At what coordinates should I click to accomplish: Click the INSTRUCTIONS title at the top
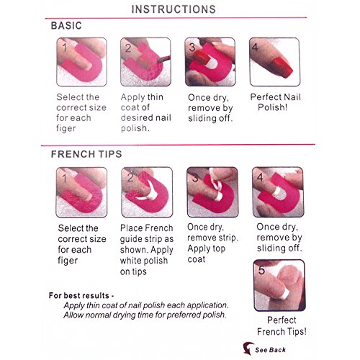174,9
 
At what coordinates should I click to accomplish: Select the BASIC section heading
66,26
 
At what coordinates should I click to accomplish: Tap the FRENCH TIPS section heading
86,154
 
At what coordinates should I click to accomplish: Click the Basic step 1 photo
81,62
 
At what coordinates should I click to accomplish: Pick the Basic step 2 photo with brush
145,62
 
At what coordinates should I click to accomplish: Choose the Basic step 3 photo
210,62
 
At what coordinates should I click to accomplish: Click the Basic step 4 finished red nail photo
275,62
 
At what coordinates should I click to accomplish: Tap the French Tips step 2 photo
147,192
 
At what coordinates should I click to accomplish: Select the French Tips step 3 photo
212,192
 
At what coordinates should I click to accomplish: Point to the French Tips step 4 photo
278,192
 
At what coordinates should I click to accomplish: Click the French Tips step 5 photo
279,285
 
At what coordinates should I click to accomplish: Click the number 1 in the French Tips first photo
64,179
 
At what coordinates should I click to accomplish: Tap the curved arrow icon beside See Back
248,348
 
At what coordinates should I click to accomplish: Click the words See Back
271,350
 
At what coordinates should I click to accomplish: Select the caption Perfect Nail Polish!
275,102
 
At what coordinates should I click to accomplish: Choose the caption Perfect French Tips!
282,326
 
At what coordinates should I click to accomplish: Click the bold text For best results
81,295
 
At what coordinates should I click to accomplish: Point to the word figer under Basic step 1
66,128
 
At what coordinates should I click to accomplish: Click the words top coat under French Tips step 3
207,253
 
